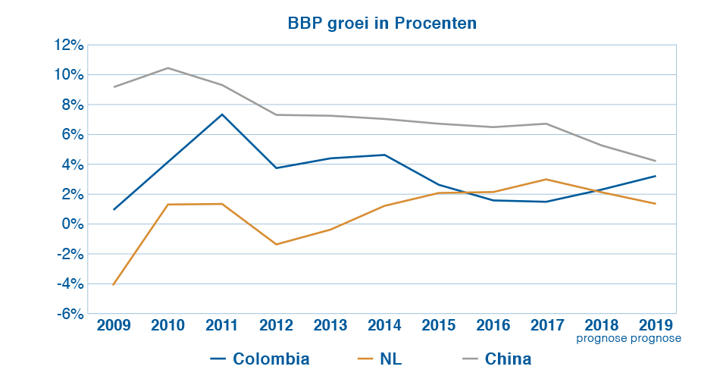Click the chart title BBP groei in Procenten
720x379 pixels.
382,23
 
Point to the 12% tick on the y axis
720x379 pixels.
68,45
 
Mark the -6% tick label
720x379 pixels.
70,314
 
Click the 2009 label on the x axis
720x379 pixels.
114,325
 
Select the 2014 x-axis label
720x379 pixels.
384,325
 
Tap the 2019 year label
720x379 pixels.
655,325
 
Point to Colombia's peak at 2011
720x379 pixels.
222,114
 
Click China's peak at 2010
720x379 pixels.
167,68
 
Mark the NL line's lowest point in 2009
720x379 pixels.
114,284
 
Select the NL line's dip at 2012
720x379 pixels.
276,244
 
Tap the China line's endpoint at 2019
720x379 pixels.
655,161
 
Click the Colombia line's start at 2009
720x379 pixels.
114,209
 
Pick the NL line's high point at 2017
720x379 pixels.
546,180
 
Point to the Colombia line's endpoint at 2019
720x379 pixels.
655,176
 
